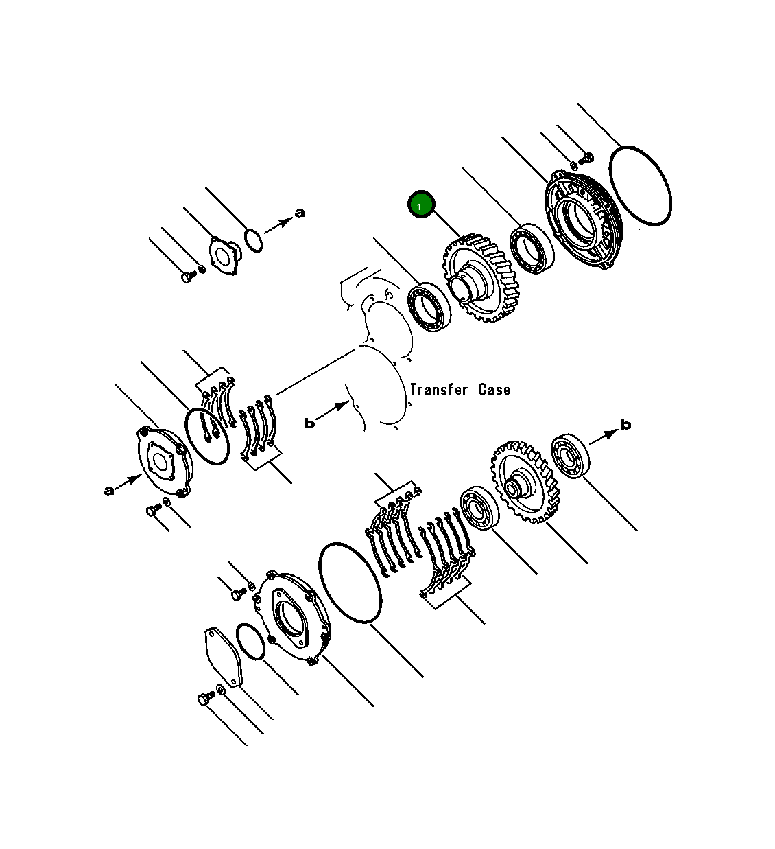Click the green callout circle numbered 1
[421, 205]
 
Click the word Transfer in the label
[439, 389]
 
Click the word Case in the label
[494, 389]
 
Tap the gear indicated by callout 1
[481, 278]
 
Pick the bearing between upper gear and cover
[532, 248]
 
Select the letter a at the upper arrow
[300, 213]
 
